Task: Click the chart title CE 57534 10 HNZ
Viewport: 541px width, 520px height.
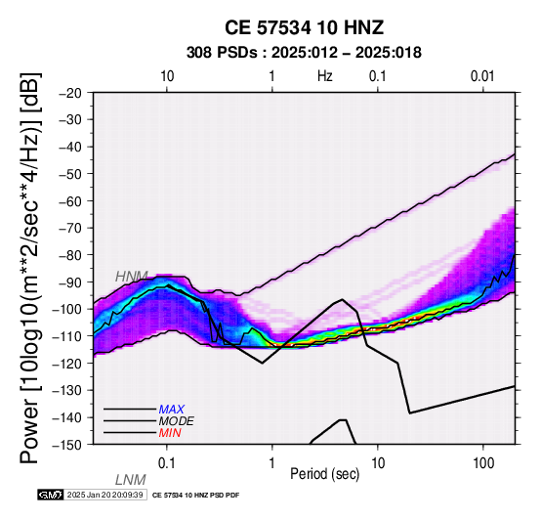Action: point(304,27)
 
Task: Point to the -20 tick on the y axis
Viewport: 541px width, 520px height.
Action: point(70,93)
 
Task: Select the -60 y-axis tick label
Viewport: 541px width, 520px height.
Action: point(70,201)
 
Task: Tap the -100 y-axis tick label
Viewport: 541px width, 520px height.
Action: point(67,310)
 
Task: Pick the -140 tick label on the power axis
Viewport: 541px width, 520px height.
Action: point(67,417)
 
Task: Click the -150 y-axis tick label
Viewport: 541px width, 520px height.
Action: point(67,445)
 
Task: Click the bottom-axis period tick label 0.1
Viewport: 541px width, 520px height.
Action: point(167,463)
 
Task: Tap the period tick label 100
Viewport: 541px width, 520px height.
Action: point(483,463)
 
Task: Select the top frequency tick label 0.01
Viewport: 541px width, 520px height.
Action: point(482,76)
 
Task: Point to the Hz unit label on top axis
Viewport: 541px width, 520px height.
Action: point(325,76)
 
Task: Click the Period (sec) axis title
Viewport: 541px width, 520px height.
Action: point(324,474)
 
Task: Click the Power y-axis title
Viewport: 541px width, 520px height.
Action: point(30,268)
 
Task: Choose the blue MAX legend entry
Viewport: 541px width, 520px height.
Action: point(172,410)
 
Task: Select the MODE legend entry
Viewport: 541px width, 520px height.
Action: point(177,421)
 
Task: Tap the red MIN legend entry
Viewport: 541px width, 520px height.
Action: point(170,433)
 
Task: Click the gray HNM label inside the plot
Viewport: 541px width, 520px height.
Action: point(132,277)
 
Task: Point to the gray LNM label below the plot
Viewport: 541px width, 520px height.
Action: point(131,480)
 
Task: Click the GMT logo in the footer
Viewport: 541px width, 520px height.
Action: point(51,495)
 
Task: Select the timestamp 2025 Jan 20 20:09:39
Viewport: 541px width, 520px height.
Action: point(104,495)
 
